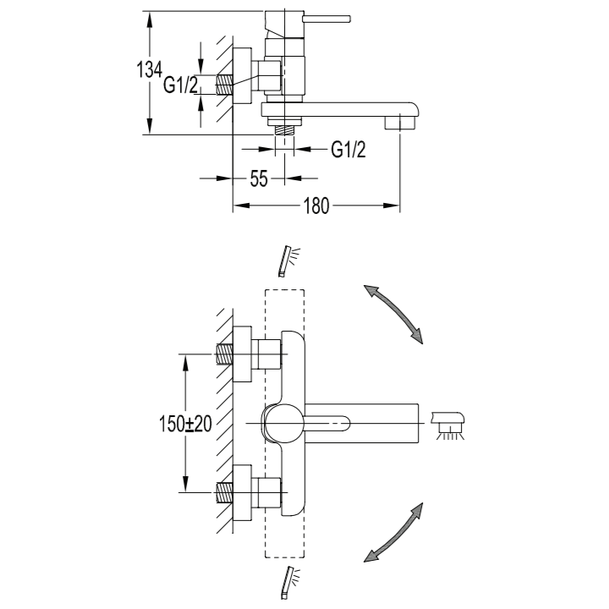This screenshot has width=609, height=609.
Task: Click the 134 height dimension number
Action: point(149,70)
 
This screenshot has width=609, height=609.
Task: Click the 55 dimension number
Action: point(259,179)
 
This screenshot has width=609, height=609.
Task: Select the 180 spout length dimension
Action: point(316,206)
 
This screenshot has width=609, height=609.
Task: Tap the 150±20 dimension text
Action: point(185,424)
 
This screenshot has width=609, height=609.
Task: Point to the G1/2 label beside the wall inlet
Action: point(181,85)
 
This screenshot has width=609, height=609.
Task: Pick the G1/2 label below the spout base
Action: point(348,149)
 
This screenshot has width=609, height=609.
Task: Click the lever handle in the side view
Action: point(327,19)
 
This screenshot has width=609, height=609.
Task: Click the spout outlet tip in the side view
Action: point(399,123)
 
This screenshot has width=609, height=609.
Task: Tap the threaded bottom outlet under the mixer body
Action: point(285,130)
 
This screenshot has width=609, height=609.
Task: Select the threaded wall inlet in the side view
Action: point(224,85)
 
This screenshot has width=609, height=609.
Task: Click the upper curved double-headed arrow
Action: point(393,314)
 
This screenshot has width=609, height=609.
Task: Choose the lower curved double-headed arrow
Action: point(393,533)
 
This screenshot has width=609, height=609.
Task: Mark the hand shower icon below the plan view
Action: point(289,583)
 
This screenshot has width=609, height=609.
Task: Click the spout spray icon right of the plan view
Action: point(449,425)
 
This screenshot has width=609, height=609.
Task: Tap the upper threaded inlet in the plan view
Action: point(224,354)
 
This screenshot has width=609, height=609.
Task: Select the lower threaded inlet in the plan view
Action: point(224,492)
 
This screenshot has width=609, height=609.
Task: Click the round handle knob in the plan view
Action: point(283,423)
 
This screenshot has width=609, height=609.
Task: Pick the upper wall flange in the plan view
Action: point(243,354)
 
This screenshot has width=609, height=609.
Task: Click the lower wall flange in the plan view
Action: point(243,492)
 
